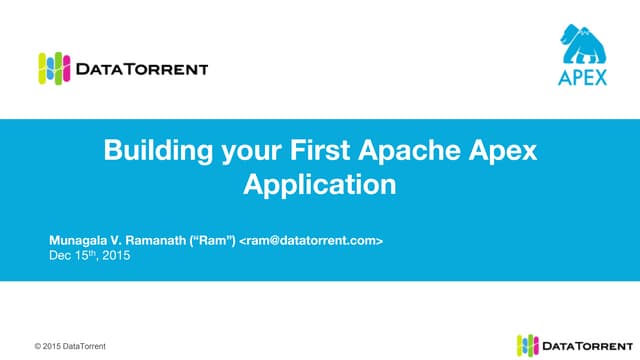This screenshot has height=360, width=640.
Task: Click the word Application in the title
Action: tap(320, 185)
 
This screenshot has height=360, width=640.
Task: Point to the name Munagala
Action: tap(83, 241)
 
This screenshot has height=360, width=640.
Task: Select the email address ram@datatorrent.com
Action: tap(310, 241)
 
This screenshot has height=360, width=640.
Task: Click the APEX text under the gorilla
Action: tap(583, 78)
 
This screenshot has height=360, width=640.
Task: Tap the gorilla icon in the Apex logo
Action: tap(583, 45)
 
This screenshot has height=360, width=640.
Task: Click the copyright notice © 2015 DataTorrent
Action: tap(69, 346)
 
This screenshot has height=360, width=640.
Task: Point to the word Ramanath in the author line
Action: tap(158, 241)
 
